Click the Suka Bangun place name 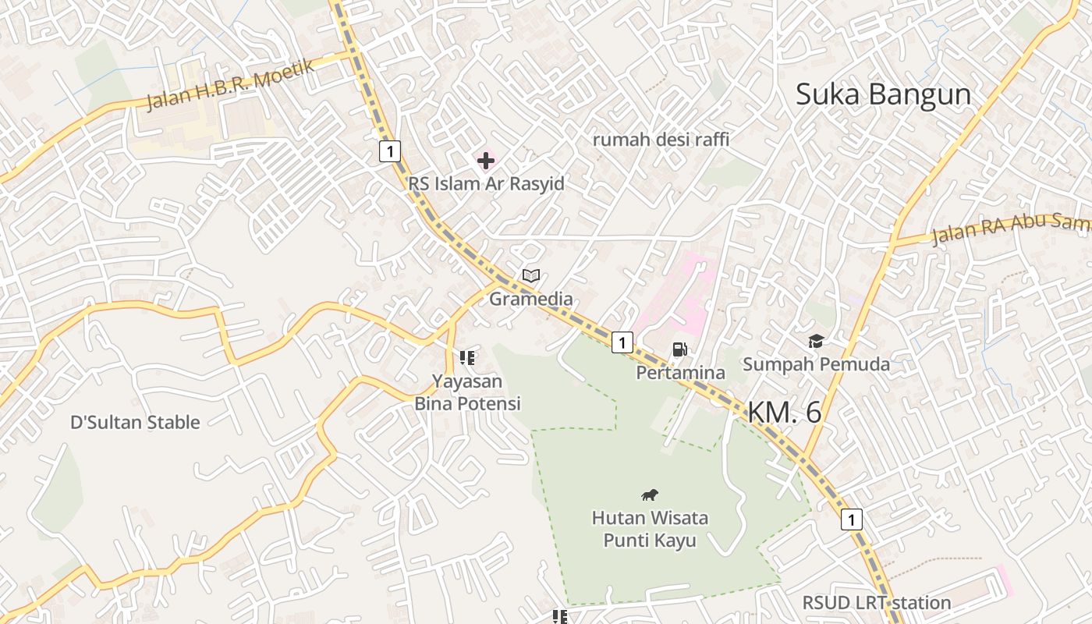883,94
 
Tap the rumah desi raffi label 661,140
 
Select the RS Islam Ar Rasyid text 486,184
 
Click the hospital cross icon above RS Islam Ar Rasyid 486,161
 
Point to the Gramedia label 530,299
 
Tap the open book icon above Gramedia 531,275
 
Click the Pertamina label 680,373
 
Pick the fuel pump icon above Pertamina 679,349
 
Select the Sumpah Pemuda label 816,364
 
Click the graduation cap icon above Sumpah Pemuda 816,341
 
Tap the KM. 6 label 785,413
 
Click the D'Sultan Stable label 135,423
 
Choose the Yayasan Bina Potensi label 467,392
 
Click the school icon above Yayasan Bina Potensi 467,358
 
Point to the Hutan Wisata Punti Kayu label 650,529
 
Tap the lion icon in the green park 650,495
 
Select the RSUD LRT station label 877,603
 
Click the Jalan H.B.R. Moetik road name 231,84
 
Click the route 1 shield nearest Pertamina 622,342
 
